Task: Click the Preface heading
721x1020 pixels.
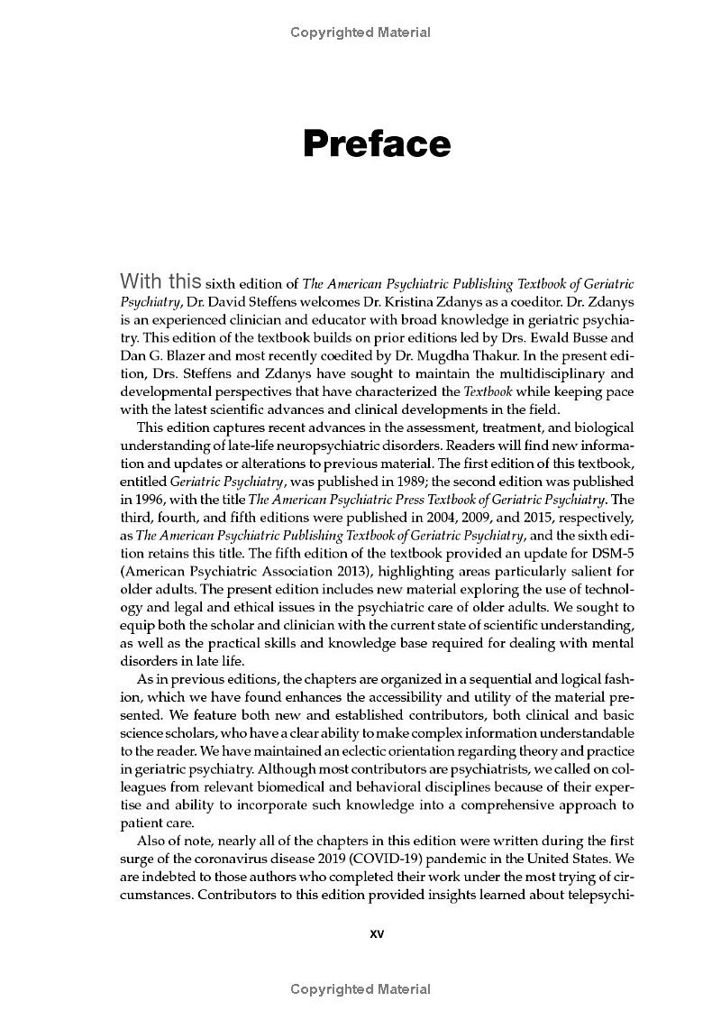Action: click(x=377, y=144)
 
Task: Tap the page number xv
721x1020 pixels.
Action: click(x=377, y=934)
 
